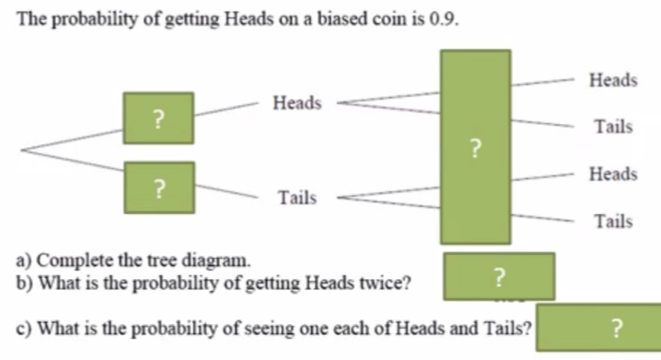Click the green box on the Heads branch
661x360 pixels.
click(x=158, y=118)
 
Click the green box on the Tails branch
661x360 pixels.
click(x=158, y=186)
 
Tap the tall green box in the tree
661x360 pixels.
click(x=475, y=147)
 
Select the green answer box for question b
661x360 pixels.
click(x=499, y=276)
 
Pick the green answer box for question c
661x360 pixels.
click(x=597, y=327)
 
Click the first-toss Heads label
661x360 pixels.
click(x=297, y=103)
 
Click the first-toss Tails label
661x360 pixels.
click(x=297, y=198)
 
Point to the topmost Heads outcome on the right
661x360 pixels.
click(x=613, y=80)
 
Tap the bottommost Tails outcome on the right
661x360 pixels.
click(x=613, y=222)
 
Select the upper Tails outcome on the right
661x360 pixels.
click(x=613, y=127)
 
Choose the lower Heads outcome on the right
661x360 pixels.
click(x=613, y=174)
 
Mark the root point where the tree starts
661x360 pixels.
click(x=22, y=151)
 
